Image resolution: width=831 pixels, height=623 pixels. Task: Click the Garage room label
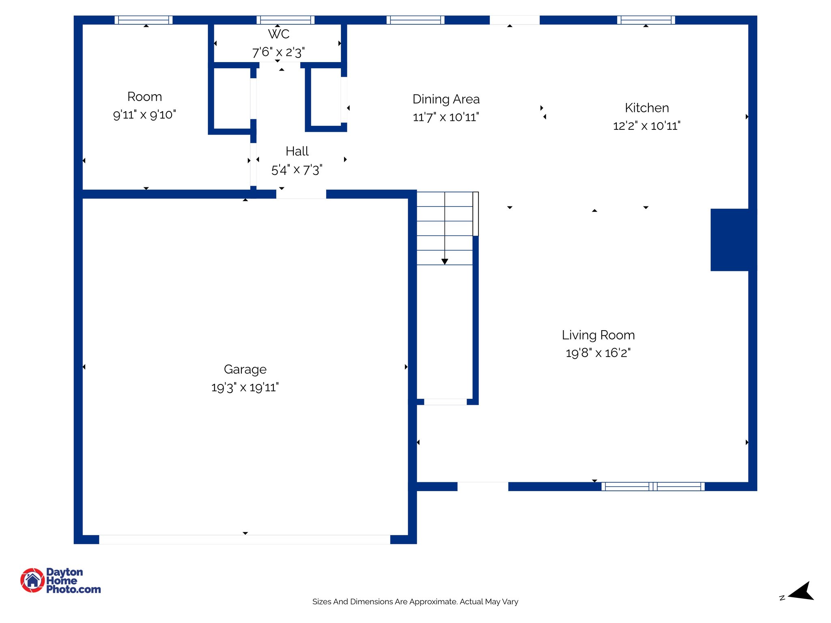(x=245, y=370)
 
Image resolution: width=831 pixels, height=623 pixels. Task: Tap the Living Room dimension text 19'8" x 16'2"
(x=598, y=353)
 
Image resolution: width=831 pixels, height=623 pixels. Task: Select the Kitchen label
(x=647, y=108)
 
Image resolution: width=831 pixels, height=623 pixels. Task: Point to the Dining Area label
(x=446, y=99)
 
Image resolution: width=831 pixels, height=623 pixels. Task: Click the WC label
(x=279, y=34)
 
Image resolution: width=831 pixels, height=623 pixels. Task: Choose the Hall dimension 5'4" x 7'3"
(x=297, y=170)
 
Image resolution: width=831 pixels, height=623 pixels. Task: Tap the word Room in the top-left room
(x=144, y=97)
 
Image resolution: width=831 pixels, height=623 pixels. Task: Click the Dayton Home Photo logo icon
(x=32, y=580)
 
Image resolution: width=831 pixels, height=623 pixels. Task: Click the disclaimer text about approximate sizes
(x=415, y=602)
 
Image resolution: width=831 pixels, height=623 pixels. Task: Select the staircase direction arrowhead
(x=445, y=262)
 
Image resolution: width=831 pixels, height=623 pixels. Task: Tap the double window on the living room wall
(x=653, y=486)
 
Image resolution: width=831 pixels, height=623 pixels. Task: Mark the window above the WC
(x=285, y=20)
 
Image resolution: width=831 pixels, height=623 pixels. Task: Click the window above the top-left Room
(x=144, y=20)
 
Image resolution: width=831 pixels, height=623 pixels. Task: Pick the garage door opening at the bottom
(x=245, y=539)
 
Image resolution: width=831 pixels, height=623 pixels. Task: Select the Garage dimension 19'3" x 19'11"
(x=245, y=387)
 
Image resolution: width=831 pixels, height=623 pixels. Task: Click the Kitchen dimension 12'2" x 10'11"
(x=646, y=126)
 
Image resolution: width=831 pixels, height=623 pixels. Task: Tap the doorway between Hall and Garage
(x=301, y=194)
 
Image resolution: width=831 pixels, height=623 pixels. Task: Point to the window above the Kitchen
(x=646, y=20)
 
